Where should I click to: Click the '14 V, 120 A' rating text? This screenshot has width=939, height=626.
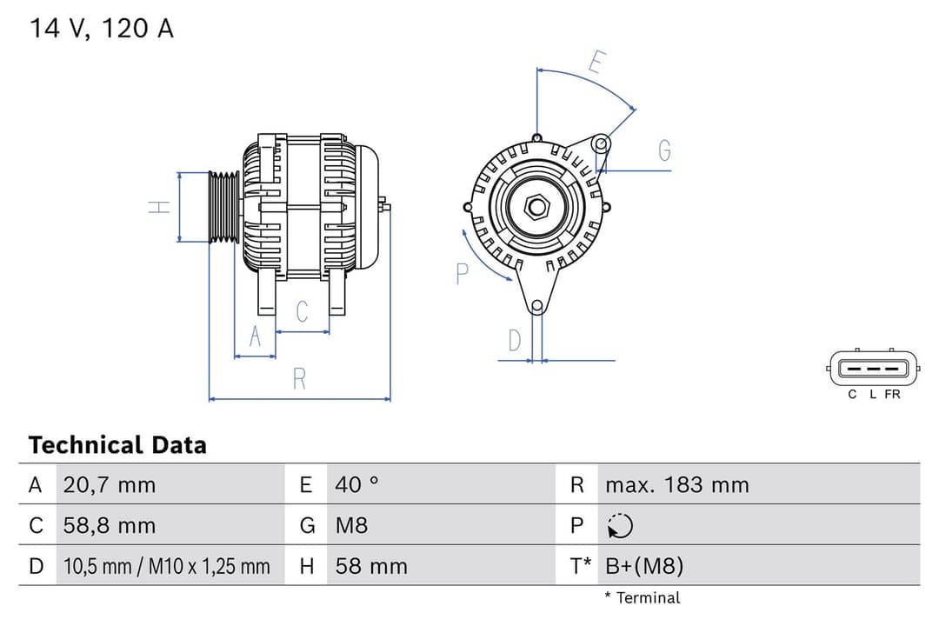point(102,28)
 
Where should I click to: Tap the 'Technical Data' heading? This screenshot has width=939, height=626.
point(117,445)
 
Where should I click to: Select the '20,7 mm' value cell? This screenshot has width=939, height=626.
point(109,484)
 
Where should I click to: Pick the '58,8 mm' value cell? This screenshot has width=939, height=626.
point(109,525)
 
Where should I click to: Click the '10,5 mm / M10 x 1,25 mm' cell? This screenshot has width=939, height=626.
point(167,567)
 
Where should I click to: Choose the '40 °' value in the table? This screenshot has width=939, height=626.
point(356,484)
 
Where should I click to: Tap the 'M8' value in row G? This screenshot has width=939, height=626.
point(351,525)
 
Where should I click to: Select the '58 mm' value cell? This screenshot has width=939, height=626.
point(371,567)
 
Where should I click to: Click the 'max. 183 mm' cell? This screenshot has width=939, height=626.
point(676,484)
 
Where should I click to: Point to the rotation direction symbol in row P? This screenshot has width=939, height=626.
point(620,525)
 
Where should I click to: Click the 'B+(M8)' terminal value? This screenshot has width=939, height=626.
point(644,567)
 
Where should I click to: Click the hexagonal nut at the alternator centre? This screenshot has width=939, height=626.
point(537,206)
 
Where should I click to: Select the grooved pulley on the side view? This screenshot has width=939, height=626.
point(224,207)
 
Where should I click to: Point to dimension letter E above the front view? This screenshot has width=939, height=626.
point(596,62)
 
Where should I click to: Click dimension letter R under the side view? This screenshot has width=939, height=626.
point(299,379)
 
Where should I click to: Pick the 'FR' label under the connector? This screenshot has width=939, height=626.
point(892,395)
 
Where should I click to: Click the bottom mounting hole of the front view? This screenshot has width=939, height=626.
point(537,305)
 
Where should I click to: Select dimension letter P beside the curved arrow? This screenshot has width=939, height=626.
point(462,274)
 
